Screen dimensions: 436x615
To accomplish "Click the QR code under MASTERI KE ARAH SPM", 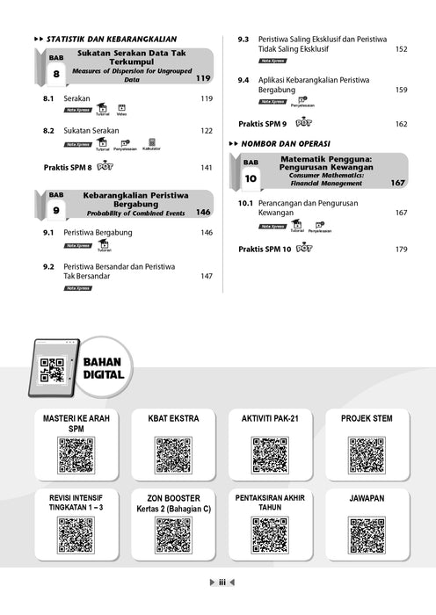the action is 76,455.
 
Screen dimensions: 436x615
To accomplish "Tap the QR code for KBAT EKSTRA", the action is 173,455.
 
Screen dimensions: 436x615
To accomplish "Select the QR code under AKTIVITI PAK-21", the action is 270,455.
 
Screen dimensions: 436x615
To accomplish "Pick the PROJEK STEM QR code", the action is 367,455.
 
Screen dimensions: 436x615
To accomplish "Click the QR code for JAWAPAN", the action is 367,535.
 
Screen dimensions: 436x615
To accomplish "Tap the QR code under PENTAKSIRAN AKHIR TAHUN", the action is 270,535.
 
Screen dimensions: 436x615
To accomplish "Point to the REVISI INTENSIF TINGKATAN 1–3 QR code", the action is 76,535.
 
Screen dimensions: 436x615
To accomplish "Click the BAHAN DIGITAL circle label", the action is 103,367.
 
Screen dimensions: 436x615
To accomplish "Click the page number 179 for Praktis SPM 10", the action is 401,250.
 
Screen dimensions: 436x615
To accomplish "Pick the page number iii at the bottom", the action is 222,582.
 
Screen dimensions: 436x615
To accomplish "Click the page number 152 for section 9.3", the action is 401,49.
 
